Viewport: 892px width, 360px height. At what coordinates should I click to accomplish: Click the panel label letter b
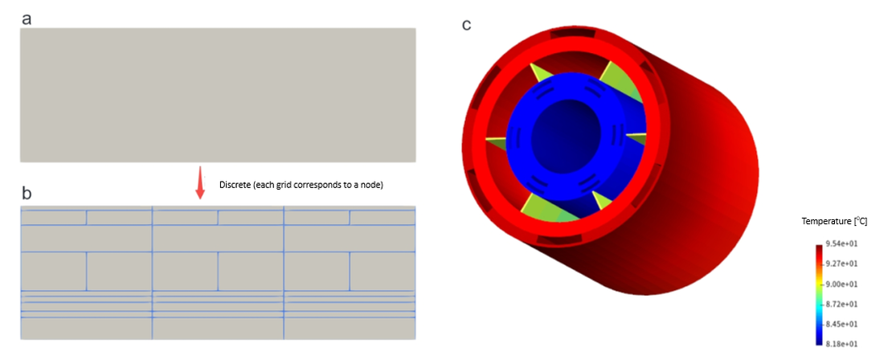[x=27, y=194]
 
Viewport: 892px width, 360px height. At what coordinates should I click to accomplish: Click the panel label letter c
[x=466, y=25]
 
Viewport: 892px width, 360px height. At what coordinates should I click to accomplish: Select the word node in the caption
[x=372, y=185]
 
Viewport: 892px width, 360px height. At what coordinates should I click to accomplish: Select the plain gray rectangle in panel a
[x=218, y=95]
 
